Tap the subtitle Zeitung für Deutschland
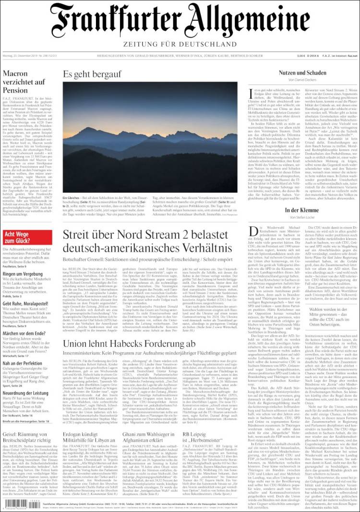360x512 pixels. [180, 44]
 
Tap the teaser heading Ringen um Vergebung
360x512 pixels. [23, 274]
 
